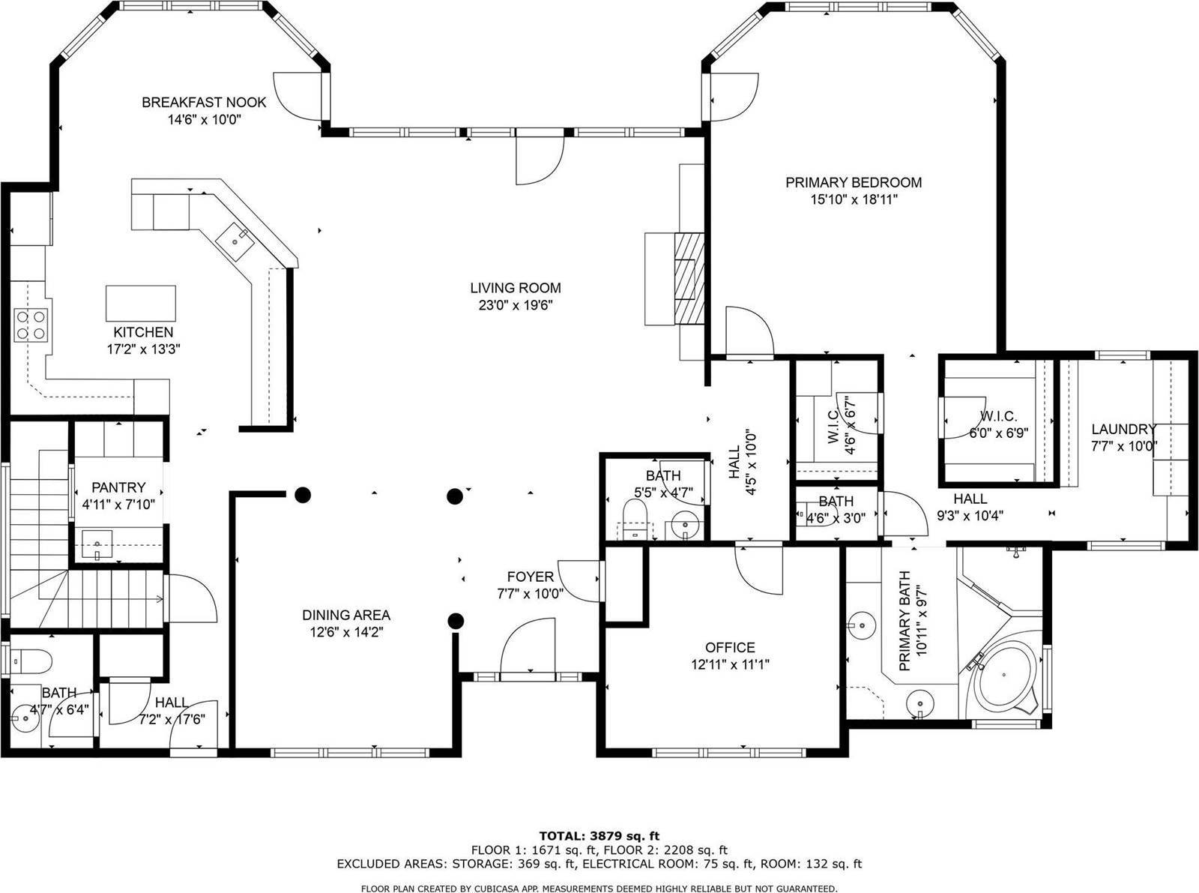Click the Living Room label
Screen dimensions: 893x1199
[x=515, y=288]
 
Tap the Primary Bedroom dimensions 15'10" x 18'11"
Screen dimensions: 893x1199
[x=853, y=199]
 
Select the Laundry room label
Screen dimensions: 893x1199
[x=1123, y=430]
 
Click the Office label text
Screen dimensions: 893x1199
[x=729, y=647]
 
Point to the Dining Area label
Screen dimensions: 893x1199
[x=345, y=615]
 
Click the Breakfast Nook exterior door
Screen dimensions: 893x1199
[x=298, y=96]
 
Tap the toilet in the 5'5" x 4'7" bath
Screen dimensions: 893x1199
[x=635, y=520]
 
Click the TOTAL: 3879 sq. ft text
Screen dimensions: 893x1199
[x=599, y=835]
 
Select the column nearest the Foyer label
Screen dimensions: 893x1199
[x=455, y=620]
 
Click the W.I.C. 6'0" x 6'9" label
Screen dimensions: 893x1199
[x=997, y=424]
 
